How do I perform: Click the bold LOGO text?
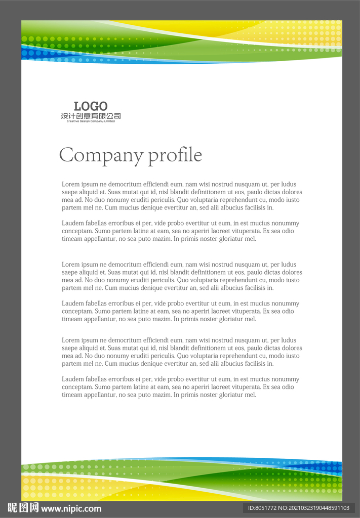91,106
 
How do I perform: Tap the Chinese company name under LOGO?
91,116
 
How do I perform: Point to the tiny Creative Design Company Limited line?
91,121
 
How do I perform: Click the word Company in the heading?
101,155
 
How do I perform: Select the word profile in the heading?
175,155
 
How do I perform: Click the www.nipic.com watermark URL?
71,508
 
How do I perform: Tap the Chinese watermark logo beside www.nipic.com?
23,508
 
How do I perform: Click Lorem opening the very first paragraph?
70,184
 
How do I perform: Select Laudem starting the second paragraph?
72,223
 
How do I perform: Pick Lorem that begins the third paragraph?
70,265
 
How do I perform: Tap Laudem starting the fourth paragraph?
72,304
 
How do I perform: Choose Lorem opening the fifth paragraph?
70,340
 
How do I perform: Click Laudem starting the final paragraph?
72,379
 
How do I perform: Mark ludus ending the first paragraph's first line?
289,184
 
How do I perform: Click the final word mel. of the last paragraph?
251,395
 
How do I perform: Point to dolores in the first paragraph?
291,192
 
